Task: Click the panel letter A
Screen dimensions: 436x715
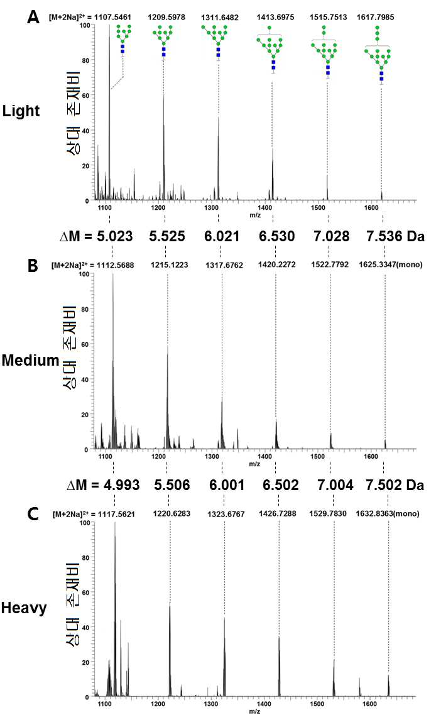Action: pyautogui.click(x=33, y=18)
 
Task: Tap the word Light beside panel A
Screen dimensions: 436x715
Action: pyautogui.click(x=21, y=111)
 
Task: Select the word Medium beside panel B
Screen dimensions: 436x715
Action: pyautogui.click(x=31, y=360)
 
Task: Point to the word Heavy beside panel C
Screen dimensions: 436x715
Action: pyautogui.click(x=24, y=608)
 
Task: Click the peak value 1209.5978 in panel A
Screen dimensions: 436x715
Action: pyautogui.click(x=166, y=18)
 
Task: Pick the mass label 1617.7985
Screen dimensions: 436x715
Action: pyautogui.click(x=375, y=18)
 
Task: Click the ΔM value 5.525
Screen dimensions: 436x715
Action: pyautogui.click(x=167, y=236)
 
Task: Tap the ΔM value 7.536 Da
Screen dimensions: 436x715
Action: pyautogui.click(x=395, y=236)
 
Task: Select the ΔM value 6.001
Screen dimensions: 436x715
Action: pyautogui.click(x=227, y=484)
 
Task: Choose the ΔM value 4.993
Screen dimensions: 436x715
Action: pyautogui.click(x=121, y=484)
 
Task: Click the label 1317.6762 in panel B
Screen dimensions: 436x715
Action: pyautogui.click(x=224, y=265)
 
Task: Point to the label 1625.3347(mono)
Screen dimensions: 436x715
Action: pyautogui.click(x=390, y=265)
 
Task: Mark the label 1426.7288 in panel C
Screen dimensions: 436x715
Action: pyautogui.click(x=277, y=513)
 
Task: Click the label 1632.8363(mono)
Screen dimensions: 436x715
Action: pyautogui.click(x=388, y=513)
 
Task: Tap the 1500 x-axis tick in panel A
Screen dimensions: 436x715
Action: pyautogui.click(x=319, y=208)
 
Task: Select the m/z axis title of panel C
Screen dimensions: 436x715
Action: pyautogui.click(x=254, y=711)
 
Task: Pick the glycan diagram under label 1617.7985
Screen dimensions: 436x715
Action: pyautogui.click(x=377, y=55)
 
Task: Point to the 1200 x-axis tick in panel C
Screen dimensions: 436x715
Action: pyautogui.click(x=158, y=704)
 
